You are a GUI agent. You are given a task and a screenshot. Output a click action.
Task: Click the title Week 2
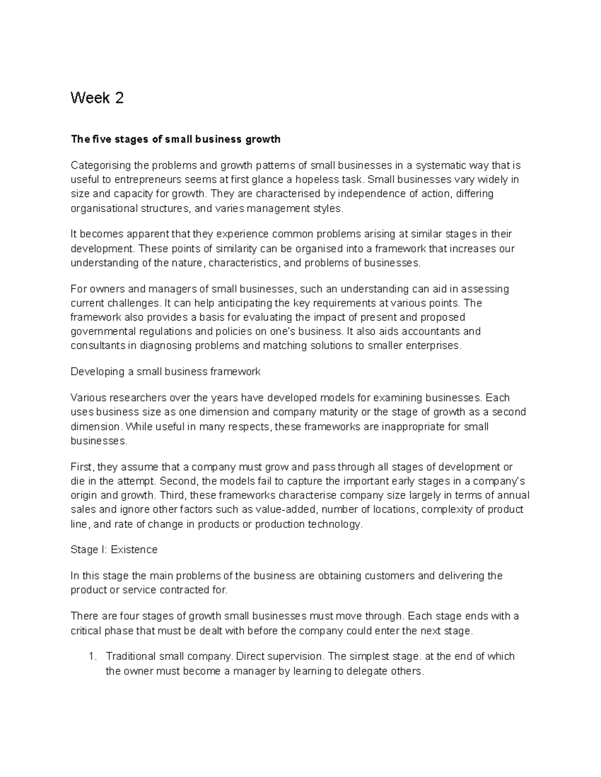[x=97, y=98]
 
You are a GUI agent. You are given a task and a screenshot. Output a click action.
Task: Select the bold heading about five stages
[x=175, y=140]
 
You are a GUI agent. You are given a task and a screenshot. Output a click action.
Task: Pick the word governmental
[x=102, y=331]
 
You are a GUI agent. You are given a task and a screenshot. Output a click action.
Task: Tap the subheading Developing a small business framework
[x=165, y=372]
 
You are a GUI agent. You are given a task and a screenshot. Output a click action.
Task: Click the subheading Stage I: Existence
[x=114, y=550]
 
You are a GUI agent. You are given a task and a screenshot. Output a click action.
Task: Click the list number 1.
[x=91, y=657]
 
